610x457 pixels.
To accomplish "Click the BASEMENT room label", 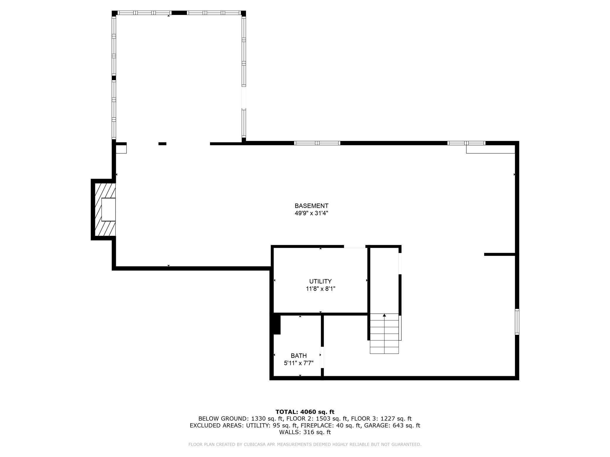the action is pos(311,206).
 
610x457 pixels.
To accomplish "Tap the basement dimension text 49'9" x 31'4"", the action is pos(311,213).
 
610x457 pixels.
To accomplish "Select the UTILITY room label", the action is pos(320,281).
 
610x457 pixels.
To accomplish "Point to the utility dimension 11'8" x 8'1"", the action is pos(321,289).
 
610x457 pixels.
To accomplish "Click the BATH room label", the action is pos(299,356).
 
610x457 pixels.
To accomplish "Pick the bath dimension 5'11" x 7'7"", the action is pos(299,363).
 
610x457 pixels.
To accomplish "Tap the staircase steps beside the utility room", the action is pos(384,334).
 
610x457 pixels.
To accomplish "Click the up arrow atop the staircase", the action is pos(384,315).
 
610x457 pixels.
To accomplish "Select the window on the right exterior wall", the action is pos(517,322).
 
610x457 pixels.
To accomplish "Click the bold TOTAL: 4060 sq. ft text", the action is pos(305,412).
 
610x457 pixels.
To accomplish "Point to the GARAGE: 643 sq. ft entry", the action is pos(392,425).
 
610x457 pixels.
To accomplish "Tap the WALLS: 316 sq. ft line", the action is pos(305,432).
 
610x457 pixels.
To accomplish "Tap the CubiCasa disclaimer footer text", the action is pos(305,444).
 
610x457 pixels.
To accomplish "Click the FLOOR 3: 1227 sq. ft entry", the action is pos(381,419).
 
